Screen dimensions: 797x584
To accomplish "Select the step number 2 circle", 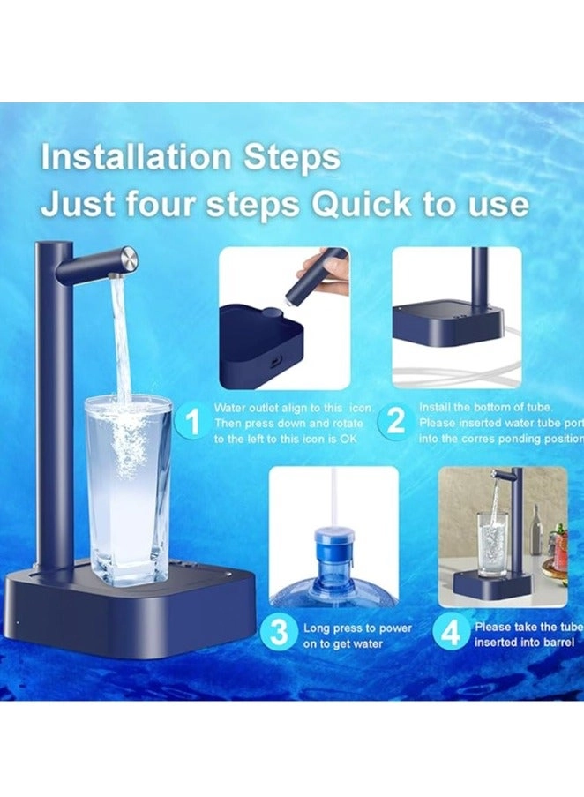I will tap(396, 421).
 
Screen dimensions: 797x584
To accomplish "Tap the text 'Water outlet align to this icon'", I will tap(293, 408).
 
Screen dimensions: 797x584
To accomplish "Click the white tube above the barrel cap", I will tap(333, 494).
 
